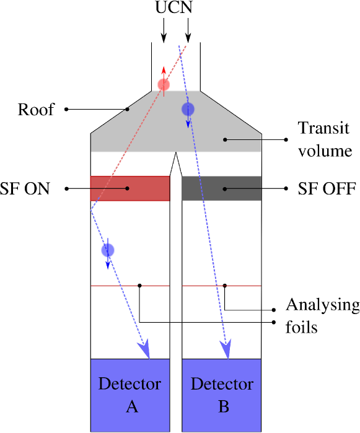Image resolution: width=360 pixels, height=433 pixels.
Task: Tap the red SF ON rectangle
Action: (x=130, y=188)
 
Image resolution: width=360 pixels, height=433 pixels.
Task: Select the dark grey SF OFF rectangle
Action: (x=221, y=188)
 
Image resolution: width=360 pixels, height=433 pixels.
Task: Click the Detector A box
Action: (x=130, y=395)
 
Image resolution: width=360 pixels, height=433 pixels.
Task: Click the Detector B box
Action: (x=221, y=395)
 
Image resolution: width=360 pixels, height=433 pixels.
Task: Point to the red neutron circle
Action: (x=164, y=84)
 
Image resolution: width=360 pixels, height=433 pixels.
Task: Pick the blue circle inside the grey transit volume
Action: (x=188, y=110)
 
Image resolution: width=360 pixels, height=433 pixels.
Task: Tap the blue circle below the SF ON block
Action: (x=108, y=250)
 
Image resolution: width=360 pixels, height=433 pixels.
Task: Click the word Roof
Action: (x=36, y=110)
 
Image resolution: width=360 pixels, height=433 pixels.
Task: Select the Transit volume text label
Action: (x=324, y=139)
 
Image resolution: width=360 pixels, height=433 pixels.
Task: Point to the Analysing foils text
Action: (x=321, y=315)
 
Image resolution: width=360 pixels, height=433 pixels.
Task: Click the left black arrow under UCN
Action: (x=163, y=28)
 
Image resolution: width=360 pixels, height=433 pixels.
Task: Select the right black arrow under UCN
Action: (x=187, y=28)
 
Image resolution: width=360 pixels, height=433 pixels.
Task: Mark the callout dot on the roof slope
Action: (x=128, y=110)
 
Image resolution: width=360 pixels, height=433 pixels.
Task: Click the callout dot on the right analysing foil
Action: (x=225, y=286)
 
